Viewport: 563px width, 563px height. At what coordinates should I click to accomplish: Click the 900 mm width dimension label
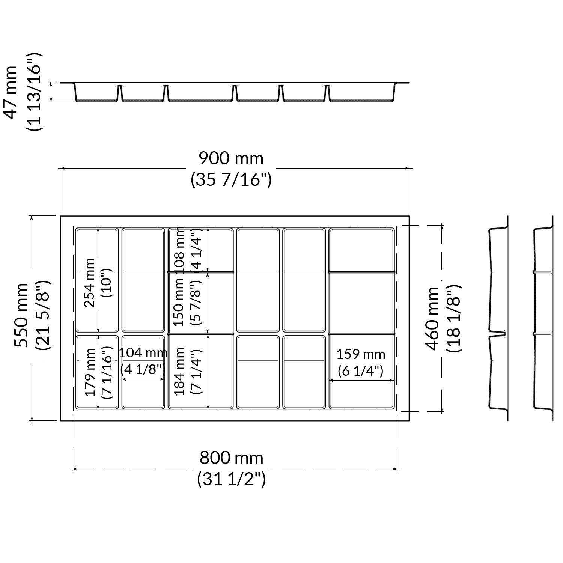tap(231, 158)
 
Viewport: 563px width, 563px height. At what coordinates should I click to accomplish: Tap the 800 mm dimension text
tap(231, 458)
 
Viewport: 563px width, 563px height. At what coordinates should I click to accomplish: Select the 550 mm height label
tap(21, 315)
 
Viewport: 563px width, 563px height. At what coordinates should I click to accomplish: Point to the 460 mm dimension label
tap(433, 318)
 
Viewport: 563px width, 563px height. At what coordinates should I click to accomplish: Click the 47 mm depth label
tap(10, 92)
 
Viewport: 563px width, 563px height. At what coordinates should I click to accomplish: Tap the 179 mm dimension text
tap(90, 372)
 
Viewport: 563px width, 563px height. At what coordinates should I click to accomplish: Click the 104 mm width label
tap(143, 353)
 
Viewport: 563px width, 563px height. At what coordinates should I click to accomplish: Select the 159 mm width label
tap(361, 354)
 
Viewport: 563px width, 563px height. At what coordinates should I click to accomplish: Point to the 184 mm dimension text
tap(180, 371)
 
